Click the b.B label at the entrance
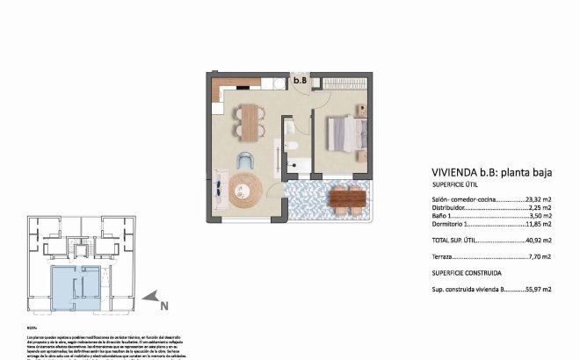tap(300, 81)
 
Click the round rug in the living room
tap(245, 188)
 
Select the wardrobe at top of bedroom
tap(344, 82)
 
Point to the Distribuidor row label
tap(449, 207)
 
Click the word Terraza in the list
tap(445, 256)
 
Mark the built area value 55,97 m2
tap(537, 288)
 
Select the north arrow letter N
tap(163, 306)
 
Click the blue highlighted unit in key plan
tap(76, 289)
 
